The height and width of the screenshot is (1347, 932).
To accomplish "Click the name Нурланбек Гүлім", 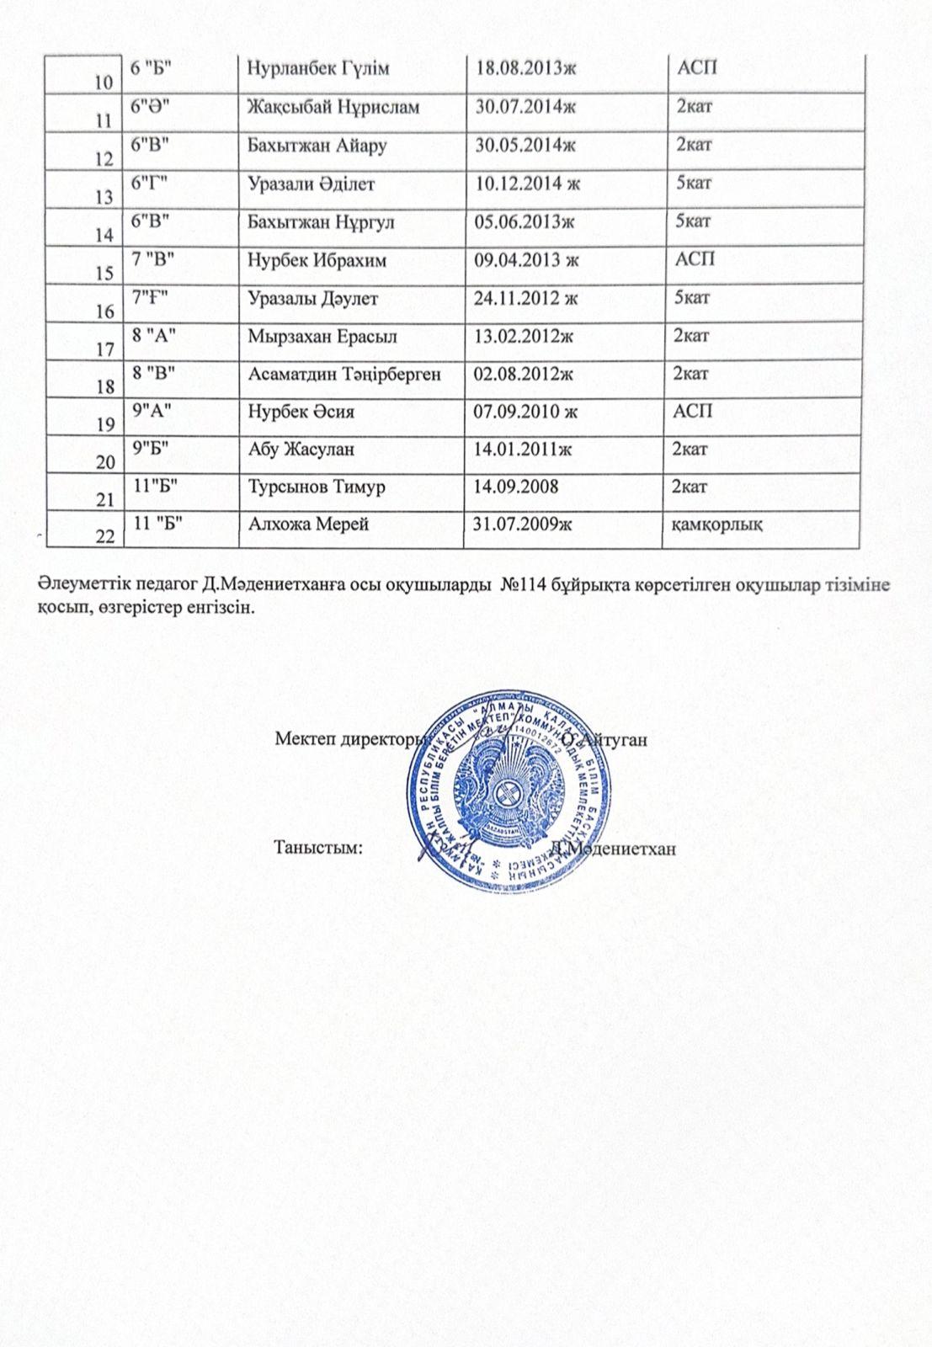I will [318, 68].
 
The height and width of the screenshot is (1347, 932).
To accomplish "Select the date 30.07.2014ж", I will [525, 107].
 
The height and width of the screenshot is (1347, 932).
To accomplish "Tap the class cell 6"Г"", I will [152, 182].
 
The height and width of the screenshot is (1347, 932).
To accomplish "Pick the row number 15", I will [104, 274].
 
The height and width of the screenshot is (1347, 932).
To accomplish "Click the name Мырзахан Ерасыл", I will [322, 336].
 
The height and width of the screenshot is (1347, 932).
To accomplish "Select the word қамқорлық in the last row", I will [716, 524].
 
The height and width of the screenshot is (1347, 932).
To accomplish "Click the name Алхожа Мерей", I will [309, 524].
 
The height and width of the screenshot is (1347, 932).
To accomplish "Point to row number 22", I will [104, 538].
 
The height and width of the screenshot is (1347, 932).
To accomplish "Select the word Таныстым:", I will [319, 847].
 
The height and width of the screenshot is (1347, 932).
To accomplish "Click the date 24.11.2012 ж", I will [526, 298].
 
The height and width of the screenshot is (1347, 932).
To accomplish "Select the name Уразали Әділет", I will [311, 184].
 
